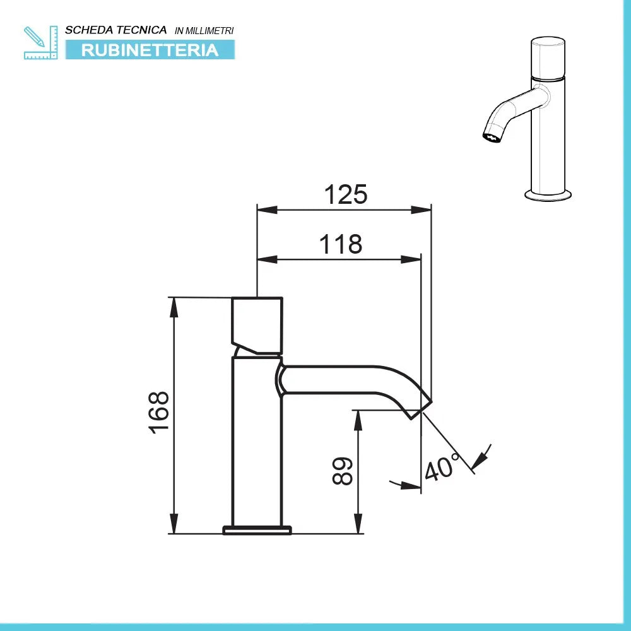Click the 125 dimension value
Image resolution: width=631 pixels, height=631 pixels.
(x=345, y=195)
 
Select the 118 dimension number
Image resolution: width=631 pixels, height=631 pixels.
(x=341, y=244)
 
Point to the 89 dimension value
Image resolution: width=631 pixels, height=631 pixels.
(x=343, y=471)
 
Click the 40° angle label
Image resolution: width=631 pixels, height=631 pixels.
(x=442, y=468)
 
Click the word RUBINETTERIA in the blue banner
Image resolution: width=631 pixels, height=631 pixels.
(x=150, y=50)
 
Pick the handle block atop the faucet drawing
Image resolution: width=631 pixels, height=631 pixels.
(x=257, y=324)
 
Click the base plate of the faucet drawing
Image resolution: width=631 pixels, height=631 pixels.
(x=257, y=529)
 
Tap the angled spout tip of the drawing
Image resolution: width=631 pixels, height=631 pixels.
(x=420, y=406)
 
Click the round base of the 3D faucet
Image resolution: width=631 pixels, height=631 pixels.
(x=548, y=194)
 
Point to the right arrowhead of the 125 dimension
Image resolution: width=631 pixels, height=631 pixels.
(x=423, y=209)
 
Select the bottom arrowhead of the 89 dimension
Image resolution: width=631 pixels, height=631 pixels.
(x=358, y=526)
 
